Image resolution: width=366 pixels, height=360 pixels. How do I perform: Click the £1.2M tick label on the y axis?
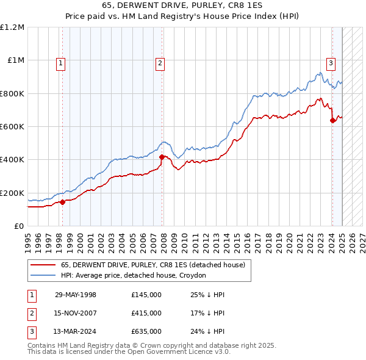point(12,27)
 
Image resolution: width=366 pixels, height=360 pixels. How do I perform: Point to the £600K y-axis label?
point(12,127)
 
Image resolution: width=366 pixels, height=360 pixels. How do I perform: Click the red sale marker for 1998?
point(63,203)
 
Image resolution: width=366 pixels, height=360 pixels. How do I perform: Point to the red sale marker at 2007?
point(162,157)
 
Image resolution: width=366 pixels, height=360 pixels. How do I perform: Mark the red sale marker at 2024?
point(332,121)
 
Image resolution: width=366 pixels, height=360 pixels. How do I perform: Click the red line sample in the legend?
point(43,265)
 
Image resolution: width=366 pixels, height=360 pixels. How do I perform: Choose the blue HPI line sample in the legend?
point(43,275)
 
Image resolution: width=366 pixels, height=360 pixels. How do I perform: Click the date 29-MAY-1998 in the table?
point(76,295)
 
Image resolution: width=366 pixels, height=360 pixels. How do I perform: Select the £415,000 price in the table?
point(146,313)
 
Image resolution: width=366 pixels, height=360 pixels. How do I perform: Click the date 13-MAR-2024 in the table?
point(76,331)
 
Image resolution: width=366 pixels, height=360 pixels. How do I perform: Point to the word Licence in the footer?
point(185,352)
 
